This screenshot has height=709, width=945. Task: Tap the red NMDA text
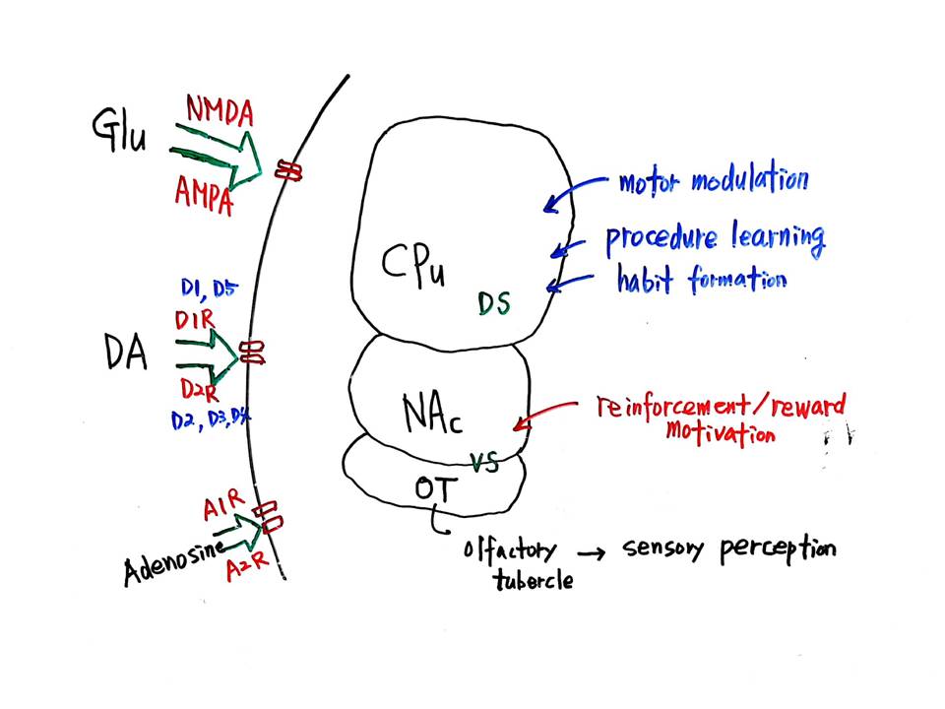219,110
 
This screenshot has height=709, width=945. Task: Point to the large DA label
125,352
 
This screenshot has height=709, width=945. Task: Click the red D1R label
197,322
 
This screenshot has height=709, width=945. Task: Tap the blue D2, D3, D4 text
210,420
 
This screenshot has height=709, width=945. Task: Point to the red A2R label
242,569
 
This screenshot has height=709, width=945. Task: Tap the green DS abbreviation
494,303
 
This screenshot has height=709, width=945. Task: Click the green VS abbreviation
484,462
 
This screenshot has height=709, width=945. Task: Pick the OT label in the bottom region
435,487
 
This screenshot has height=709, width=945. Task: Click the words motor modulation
713,181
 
